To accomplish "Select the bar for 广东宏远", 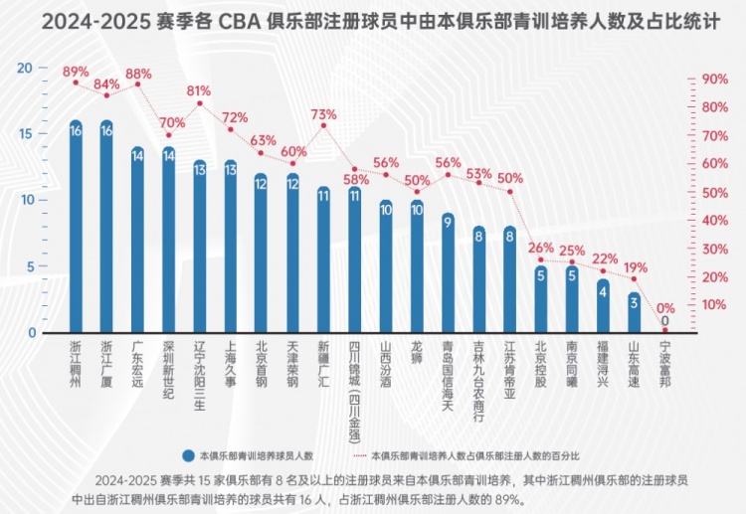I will pyautogui.click(x=137, y=240).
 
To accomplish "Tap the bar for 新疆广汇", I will pyautogui.click(x=323, y=259).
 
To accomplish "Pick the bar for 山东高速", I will pyautogui.click(x=634, y=312).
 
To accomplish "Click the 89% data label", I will pyautogui.click(x=76, y=72).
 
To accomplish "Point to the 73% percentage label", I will pyautogui.click(x=323, y=114).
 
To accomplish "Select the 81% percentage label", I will pyautogui.click(x=199, y=90).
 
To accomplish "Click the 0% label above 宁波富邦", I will pyautogui.click(x=665, y=308).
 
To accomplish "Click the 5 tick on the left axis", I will pyautogui.click(x=30, y=266).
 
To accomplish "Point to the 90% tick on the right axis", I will pyautogui.click(x=715, y=79).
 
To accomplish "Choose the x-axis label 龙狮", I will pyautogui.click(x=417, y=354).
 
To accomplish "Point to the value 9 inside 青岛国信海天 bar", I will pyautogui.click(x=448, y=221).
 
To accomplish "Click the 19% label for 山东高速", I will pyautogui.click(x=635, y=266).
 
